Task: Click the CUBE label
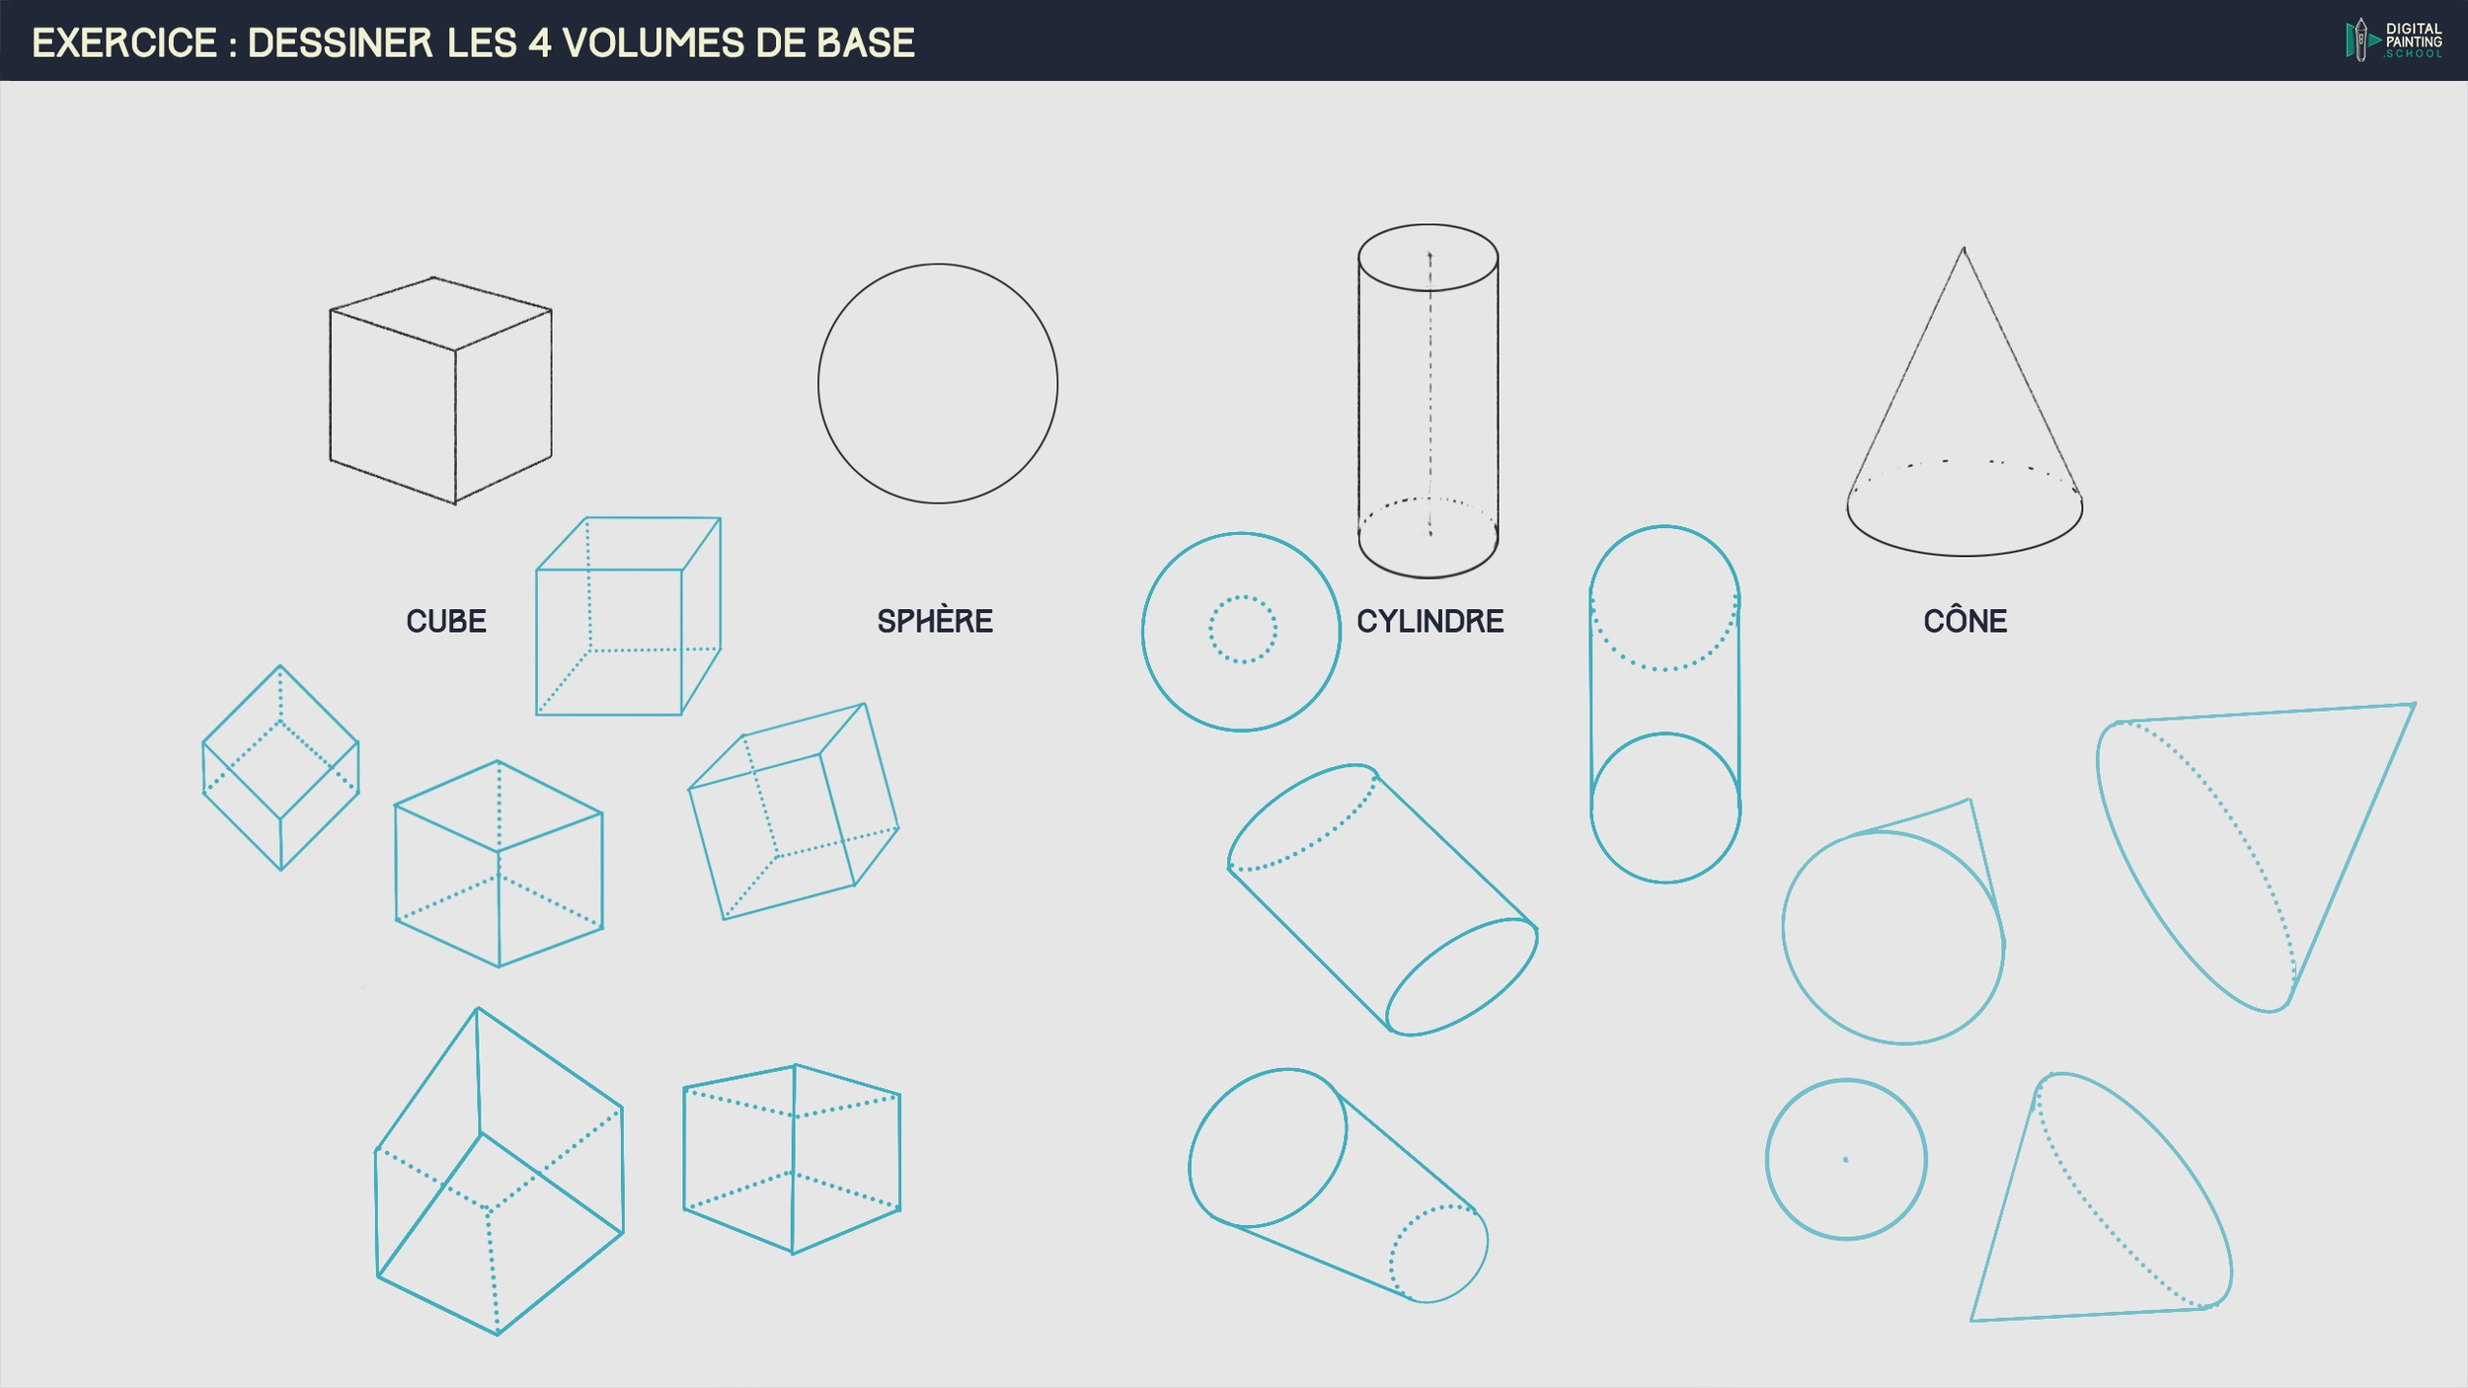[446, 621]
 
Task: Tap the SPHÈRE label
[935, 620]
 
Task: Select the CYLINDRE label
[1429, 621]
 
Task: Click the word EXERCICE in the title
[124, 43]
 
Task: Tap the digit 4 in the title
[539, 43]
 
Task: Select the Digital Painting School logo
[2394, 40]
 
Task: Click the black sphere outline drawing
[818, 383]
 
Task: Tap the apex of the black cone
[1964, 248]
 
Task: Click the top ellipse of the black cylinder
[1428, 224]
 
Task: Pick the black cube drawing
[440, 391]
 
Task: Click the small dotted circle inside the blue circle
[1243, 596]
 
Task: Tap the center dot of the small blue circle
[1845, 1160]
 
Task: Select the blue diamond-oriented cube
[280, 768]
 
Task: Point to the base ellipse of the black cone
[1965, 555]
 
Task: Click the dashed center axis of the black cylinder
[1429, 395]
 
